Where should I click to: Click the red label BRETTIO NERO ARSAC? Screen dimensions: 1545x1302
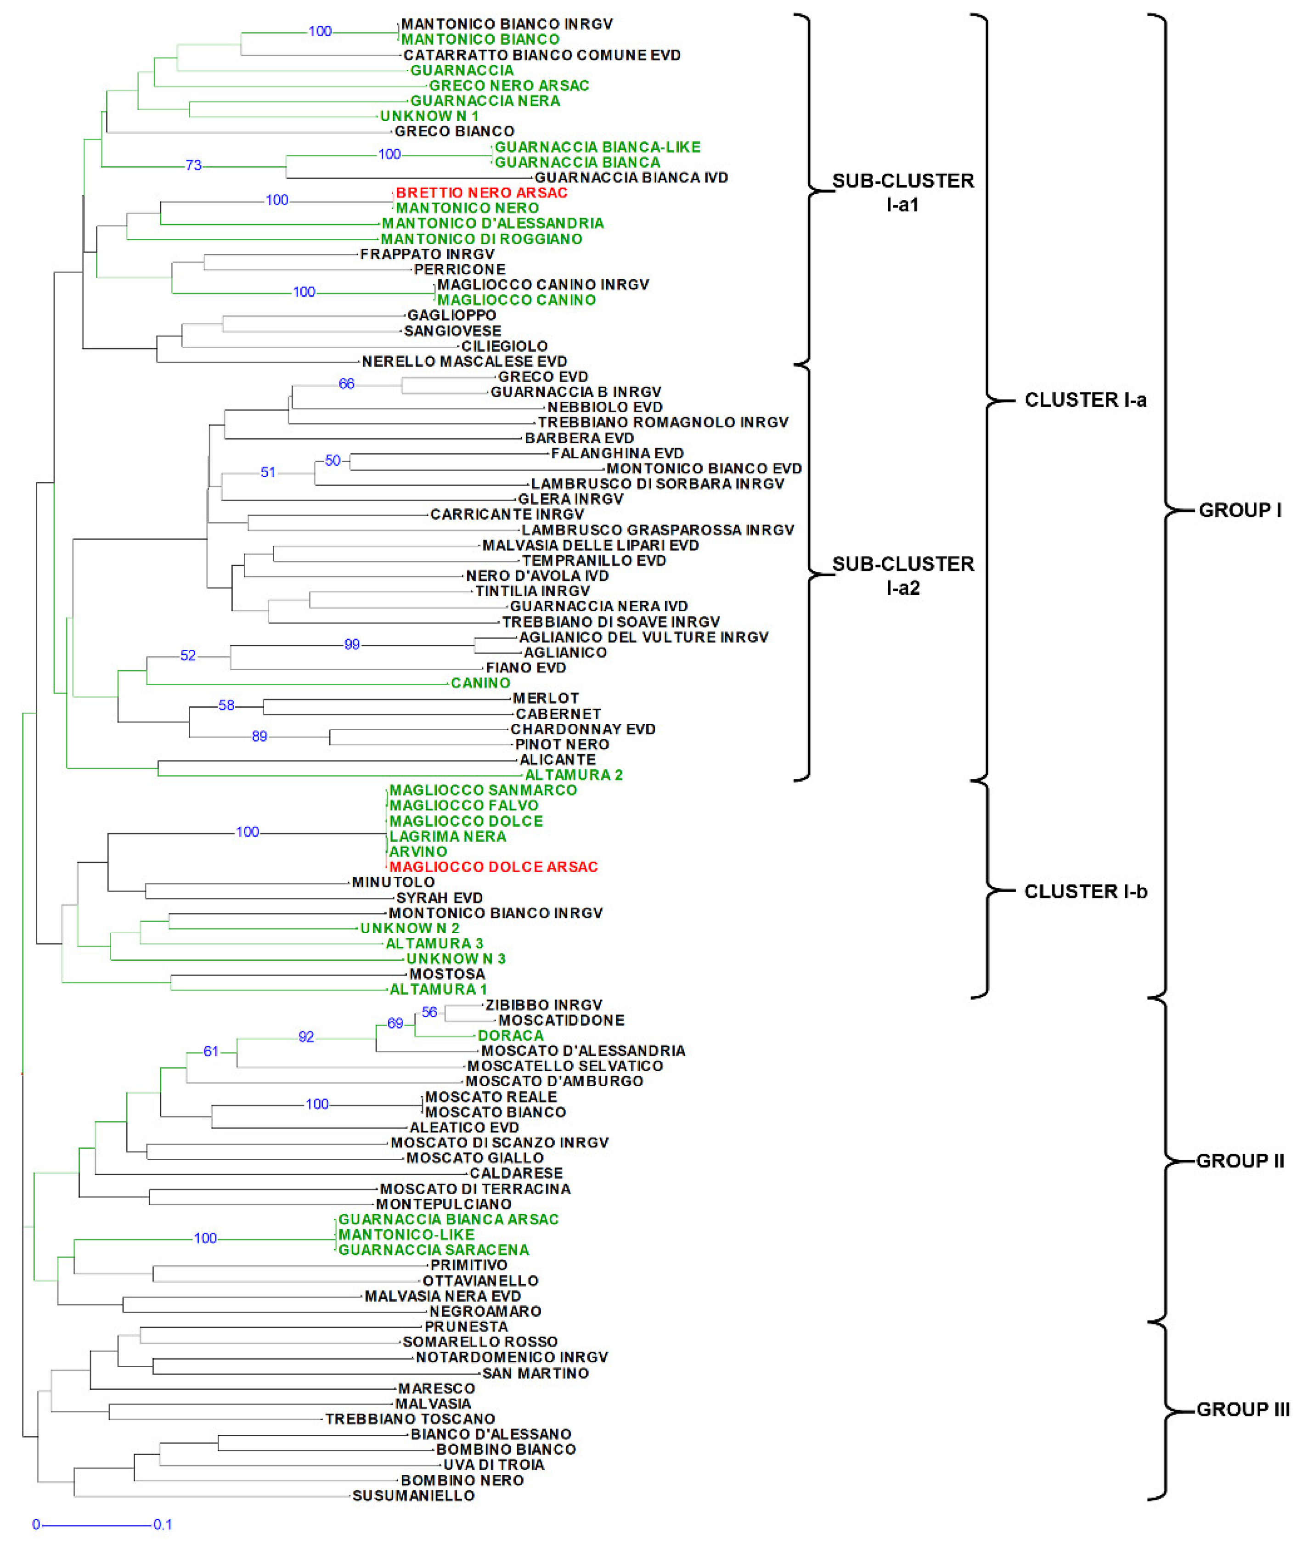point(481,192)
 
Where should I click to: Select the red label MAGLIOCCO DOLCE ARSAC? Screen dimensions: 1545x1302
point(493,867)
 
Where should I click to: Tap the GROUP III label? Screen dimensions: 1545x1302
point(1242,1409)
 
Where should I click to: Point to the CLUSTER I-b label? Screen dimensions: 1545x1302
point(1085,892)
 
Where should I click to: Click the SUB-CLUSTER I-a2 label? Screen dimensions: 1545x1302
point(903,576)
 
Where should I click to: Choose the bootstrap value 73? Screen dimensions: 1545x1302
point(193,165)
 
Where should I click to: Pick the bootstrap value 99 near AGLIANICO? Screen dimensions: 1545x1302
point(352,644)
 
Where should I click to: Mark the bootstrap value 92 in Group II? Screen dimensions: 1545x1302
point(306,1037)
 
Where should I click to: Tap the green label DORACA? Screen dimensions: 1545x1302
point(510,1036)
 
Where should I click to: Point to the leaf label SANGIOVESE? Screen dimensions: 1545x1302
point(452,331)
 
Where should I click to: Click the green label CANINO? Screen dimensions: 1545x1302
point(480,683)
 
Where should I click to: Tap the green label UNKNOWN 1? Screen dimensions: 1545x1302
point(429,116)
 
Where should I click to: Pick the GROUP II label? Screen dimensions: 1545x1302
point(1240,1161)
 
